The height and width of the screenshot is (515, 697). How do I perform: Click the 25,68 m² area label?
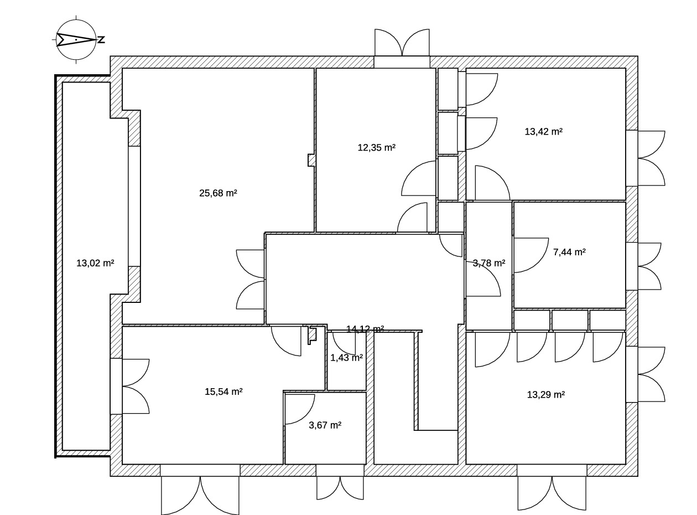click(x=218, y=193)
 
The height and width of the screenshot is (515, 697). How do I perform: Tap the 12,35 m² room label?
click(x=377, y=148)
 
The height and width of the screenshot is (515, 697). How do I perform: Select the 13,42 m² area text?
click(x=543, y=132)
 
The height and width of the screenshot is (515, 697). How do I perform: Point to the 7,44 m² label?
click(x=569, y=253)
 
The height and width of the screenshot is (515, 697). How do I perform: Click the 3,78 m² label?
click(x=488, y=264)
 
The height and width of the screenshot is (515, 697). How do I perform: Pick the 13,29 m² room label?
click(x=545, y=395)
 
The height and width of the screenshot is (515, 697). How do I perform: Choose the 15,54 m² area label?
click(x=223, y=392)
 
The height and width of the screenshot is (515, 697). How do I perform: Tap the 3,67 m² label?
click(x=325, y=425)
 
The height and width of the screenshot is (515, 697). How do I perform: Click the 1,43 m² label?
click(x=346, y=358)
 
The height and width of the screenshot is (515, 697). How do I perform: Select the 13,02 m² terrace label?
click(x=95, y=263)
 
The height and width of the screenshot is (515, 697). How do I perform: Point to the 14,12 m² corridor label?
click(x=365, y=329)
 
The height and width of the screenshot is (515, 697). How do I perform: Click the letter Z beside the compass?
click(x=101, y=40)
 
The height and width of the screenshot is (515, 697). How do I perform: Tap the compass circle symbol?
click(x=76, y=39)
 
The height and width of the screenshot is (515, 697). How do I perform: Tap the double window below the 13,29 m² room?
click(x=552, y=493)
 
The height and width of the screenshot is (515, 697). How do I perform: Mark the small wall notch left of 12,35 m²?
click(x=311, y=160)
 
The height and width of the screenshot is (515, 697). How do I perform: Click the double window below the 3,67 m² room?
click(x=340, y=488)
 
